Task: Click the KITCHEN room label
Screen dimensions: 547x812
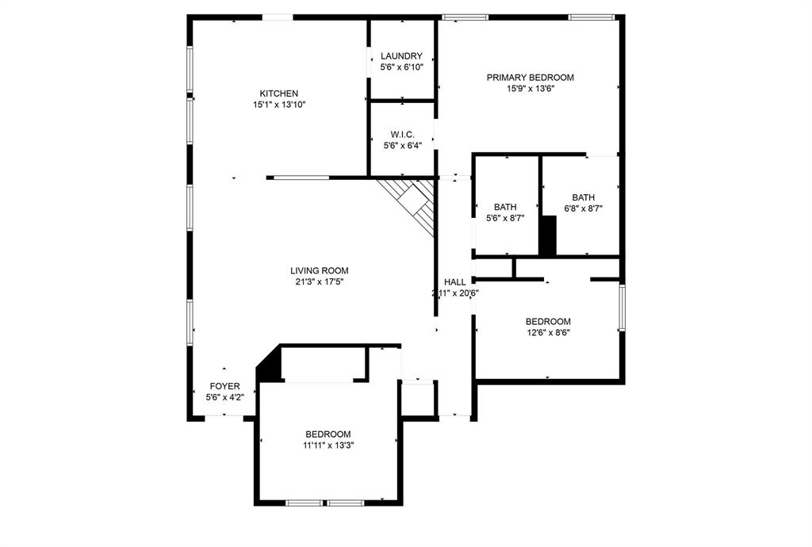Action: [x=279, y=93]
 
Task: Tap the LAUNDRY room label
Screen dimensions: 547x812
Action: [x=401, y=56]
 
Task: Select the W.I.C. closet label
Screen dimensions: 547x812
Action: [x=401, y=134]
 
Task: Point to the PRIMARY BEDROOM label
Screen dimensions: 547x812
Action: [x=530, y=78]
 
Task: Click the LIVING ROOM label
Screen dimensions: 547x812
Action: [x=319, y=270]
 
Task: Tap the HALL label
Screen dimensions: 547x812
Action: [x=455, y=282]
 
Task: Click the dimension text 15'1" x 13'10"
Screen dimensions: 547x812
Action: [x=279, y=105]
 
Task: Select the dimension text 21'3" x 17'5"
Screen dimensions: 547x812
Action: [x=319, y=281]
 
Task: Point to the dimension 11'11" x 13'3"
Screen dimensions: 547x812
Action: [x=328, y=446]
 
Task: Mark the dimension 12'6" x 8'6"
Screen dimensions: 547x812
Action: [x=548, y=333]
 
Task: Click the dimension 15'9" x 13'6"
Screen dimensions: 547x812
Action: [x=530, y=89]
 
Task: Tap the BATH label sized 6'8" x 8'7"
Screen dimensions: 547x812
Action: [x=584, y=198]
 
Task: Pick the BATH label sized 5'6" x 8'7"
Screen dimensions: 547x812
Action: [x=505, y=207]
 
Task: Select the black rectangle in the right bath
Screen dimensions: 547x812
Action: [x=547, y=235]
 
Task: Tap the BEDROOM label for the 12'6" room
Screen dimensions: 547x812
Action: [x=548, y=322]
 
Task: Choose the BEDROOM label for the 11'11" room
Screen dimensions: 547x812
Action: [x=328, y=434]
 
